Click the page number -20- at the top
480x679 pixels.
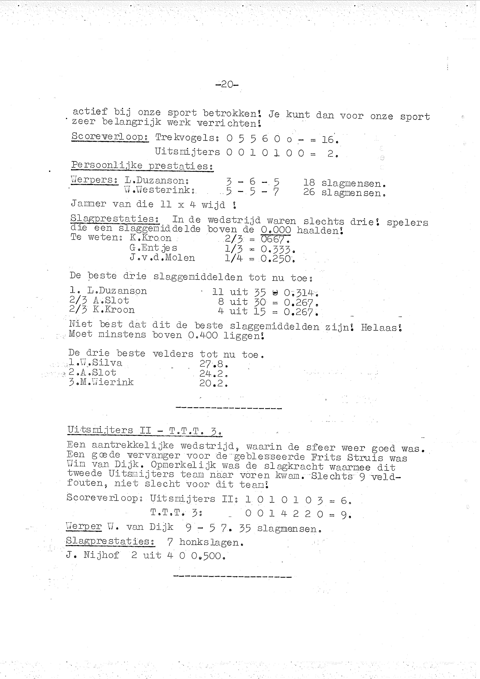pos(227,85)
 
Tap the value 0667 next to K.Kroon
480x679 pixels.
pos(275,239)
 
